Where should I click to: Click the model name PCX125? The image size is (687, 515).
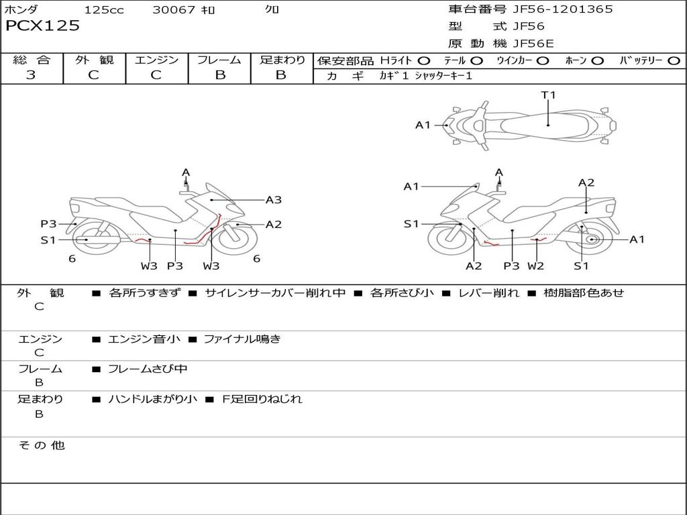coord(42,26)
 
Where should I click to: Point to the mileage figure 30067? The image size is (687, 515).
coord(174,10)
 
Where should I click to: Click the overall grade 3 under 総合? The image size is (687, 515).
coord(31,75)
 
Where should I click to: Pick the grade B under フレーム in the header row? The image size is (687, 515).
coord(219,75)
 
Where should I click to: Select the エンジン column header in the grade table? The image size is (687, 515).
coord(156,60)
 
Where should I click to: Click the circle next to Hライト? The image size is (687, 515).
coord(424,61)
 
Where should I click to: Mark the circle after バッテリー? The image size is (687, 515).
coord(674,61)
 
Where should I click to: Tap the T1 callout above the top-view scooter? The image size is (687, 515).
coord(549,95)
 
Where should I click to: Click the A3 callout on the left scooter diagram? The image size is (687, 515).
coord(274,200)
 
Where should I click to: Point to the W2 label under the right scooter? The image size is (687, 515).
coord(535,266)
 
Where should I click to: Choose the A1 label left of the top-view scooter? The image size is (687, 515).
coord(423,125)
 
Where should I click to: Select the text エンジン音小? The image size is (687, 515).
coord(144,339)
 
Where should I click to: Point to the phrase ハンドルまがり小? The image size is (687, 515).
coord(152,399)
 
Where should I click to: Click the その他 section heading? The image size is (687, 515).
coord(41,445)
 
